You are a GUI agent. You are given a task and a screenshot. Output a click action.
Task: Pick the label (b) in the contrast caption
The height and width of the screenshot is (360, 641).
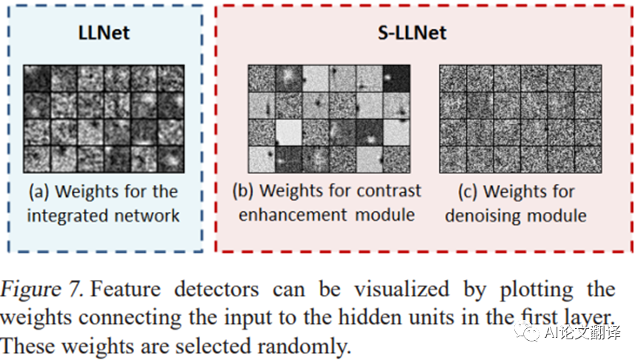click(244, 191)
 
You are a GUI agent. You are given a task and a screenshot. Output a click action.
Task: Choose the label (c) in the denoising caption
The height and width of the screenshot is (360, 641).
click(466, 192)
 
